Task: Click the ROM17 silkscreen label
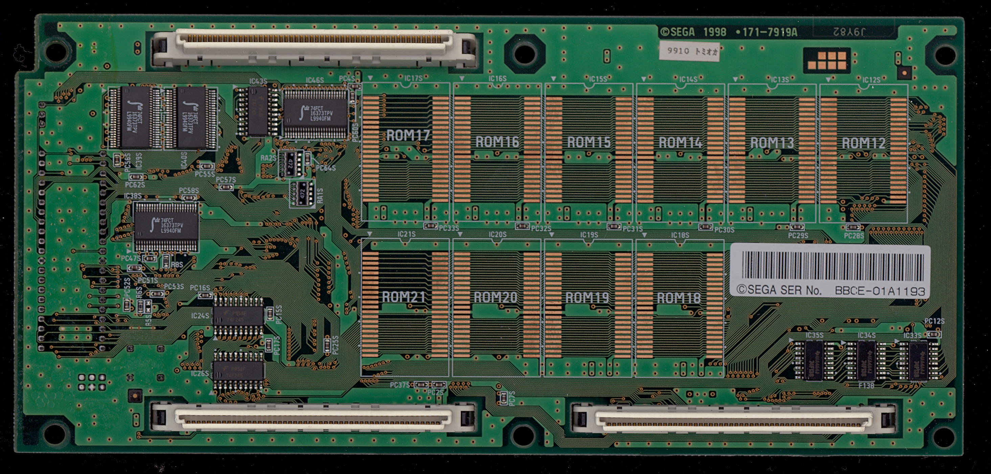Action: click(x=408, y=135)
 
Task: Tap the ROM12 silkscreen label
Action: click(x=864, y=143)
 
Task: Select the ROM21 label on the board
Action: click(x=404, y=297)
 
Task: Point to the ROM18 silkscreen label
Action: click(x=678, y=298)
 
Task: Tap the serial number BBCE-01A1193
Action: click(x=879, y=291)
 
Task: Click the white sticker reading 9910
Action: click(x=689, y=51)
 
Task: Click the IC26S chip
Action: click(x=239, y=370)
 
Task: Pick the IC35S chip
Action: click(x=814, y=360)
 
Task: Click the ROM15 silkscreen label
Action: click(x=589, y=142)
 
